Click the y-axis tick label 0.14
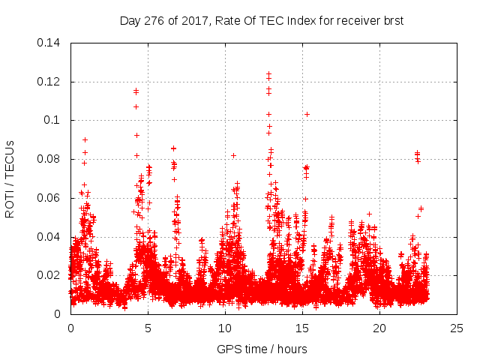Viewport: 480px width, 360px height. tap(50, 43)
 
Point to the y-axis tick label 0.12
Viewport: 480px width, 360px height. tap(50, 82)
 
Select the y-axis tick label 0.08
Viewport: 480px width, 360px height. tap(50, 159)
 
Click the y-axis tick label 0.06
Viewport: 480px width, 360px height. tap(50, 198)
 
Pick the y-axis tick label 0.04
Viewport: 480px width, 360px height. tap(50, 237)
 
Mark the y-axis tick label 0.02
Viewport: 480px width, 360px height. tap(50, 275)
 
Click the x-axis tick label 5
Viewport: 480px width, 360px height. tap(148, 328)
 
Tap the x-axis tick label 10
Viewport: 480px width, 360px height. tap(225, 328)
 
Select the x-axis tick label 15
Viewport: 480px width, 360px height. tap(302, 328)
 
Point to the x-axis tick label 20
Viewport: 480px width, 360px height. tap(379, 328)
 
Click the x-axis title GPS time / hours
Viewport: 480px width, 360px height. tap(262, 349)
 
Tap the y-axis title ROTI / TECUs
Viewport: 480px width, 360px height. tap(10, 178)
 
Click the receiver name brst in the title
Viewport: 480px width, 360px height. tap(392, 21)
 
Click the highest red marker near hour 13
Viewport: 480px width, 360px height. tap(268, 74)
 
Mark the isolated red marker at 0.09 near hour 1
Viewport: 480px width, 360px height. tap(85, 139)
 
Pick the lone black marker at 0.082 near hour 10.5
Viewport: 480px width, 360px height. tap(233, 155)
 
